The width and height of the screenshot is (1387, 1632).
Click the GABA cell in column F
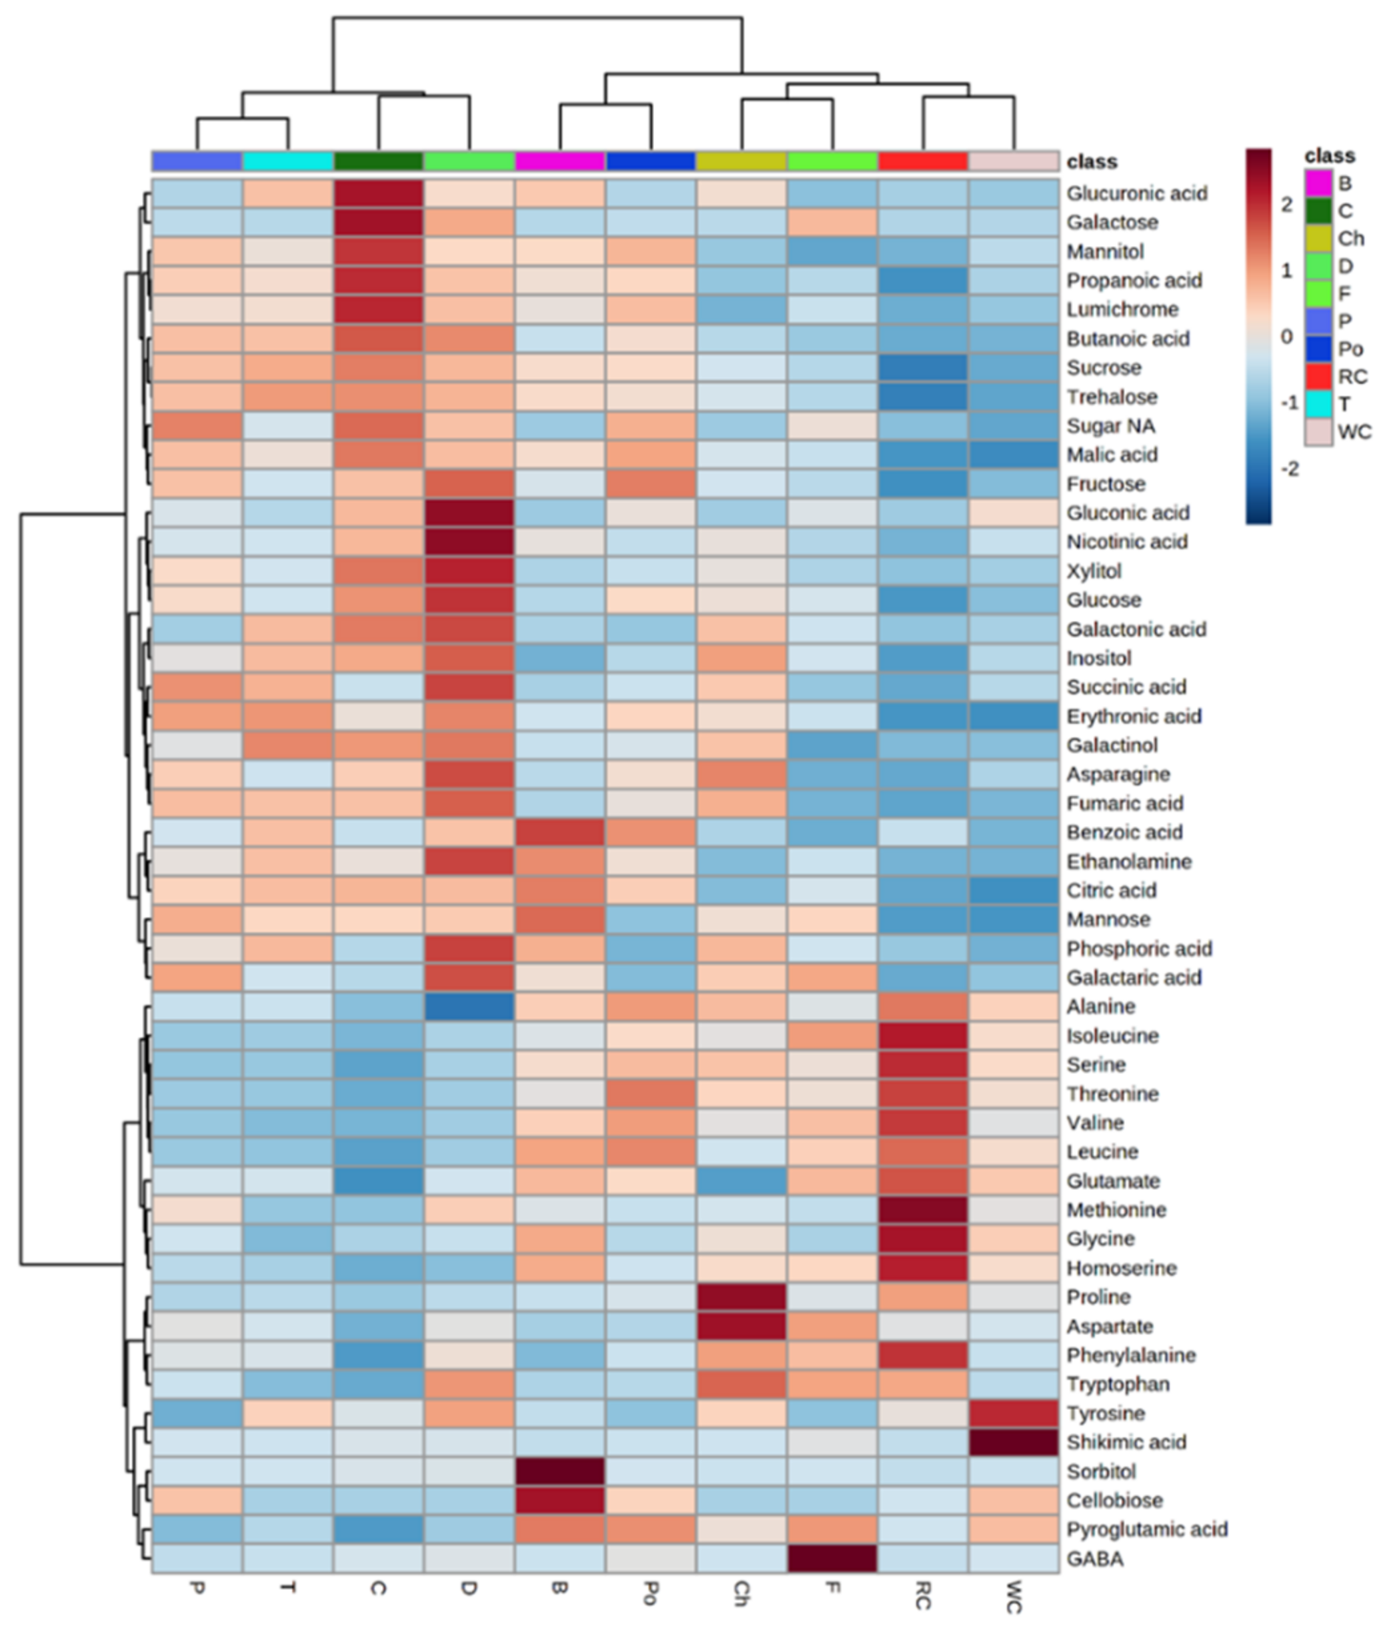point(832,1558)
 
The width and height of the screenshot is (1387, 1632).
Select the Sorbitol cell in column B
point(560,1471)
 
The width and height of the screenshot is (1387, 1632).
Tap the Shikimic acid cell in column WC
point(1014,1442)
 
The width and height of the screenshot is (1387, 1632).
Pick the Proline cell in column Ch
point(742,1297)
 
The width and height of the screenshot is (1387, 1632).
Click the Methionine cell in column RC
point(923,1210)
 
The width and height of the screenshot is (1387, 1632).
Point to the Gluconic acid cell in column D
point(469,513)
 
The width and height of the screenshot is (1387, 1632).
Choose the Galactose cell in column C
point(378,223)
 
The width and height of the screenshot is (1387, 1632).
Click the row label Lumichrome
point(1122,310)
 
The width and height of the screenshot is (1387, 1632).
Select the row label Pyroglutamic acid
point(1146,1529)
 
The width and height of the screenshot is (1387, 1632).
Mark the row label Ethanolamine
point(1128,861)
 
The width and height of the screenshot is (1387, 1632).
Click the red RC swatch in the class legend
point(1318,377)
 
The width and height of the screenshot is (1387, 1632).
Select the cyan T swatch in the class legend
point(1318,404)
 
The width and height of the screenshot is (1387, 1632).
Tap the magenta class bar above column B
point(560,161)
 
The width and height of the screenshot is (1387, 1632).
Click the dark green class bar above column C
point(378,161)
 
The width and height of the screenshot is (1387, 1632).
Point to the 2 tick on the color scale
point(1286,205)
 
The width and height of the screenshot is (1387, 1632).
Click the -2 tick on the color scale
point(1289,469)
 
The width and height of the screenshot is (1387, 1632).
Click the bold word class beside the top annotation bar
point(1092,162)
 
